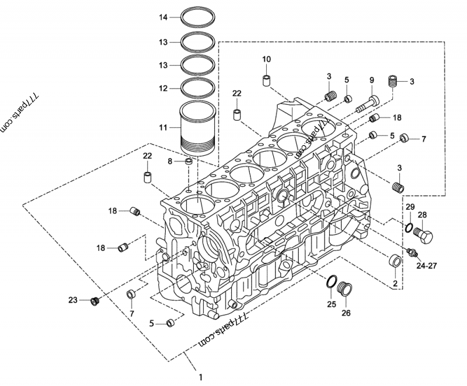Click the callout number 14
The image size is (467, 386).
(164, 18)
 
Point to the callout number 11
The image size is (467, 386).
(163, 127)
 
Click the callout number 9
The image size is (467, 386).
(371, 79)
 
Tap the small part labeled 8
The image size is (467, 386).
(188, 160)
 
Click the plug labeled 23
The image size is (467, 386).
(95, 301)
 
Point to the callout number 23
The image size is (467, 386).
(72, 300)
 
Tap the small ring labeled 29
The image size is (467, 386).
(409, 227)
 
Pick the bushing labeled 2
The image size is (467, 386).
(395, 262)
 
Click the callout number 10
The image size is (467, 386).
(266, 59)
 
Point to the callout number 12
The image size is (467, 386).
(164, 88)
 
